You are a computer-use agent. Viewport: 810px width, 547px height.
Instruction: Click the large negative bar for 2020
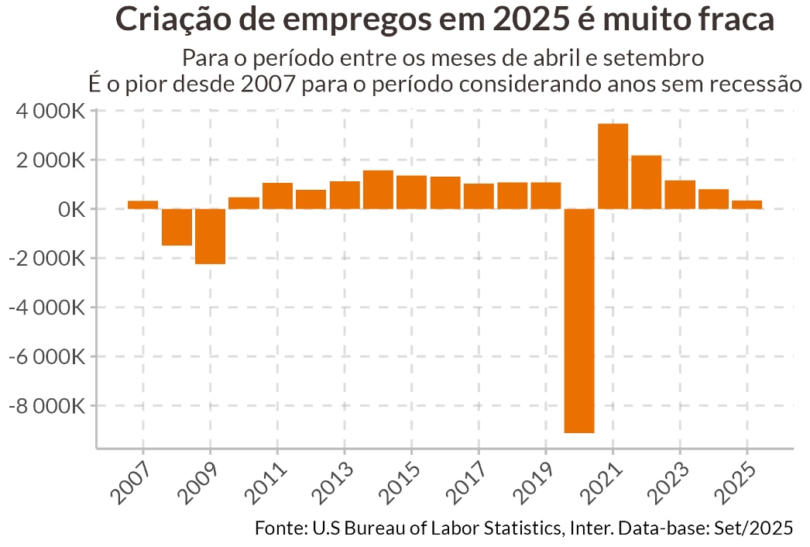click(579, 321)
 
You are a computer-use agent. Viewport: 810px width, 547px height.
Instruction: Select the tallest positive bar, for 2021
click(613, 166)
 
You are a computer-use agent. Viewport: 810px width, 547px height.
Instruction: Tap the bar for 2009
click(210, 236)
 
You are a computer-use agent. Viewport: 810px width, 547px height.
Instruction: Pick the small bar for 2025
click(747, 205)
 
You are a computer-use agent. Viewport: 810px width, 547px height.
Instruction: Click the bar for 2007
click(143, 205)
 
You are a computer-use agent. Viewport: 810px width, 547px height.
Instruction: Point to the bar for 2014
click(378, 189)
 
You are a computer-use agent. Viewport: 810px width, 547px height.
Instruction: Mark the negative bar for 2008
click(177, 227)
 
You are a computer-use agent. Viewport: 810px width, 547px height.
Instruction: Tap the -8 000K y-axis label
click(46, 406)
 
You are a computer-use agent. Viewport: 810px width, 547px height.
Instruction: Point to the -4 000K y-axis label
click(46, 308)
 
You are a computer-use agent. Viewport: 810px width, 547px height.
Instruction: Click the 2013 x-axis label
click(335, 481)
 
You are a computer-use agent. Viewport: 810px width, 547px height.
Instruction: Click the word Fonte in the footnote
click(280, 528)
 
